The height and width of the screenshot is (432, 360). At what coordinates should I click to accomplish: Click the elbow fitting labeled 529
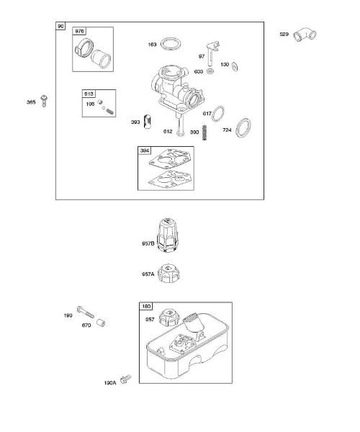(305, 35)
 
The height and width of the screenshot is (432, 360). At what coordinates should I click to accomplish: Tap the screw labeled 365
(44, 101)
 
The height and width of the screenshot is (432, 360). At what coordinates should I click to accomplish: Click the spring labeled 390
(204, 132)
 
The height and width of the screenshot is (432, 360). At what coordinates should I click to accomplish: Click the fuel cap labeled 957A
(166, 273)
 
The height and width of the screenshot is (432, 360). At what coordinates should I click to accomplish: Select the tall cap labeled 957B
(168, 235)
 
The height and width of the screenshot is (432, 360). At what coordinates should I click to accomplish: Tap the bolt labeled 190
(86, 312)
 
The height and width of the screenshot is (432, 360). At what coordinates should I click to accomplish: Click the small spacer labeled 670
(101, 323)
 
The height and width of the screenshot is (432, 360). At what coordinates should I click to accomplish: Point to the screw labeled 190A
(125, 379)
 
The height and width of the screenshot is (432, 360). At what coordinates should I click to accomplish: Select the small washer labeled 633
(211, 71)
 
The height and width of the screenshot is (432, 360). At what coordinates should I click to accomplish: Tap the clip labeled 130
(235, 67)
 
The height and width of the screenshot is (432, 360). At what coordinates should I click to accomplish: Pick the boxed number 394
(145, 150)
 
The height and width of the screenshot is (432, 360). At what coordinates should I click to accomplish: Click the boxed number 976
(79, 31)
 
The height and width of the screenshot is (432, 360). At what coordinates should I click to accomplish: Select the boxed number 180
(146, 306)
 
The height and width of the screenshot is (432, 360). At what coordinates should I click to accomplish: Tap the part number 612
(168, 132)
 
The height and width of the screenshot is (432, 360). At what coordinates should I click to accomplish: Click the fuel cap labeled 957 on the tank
(169, 318)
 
